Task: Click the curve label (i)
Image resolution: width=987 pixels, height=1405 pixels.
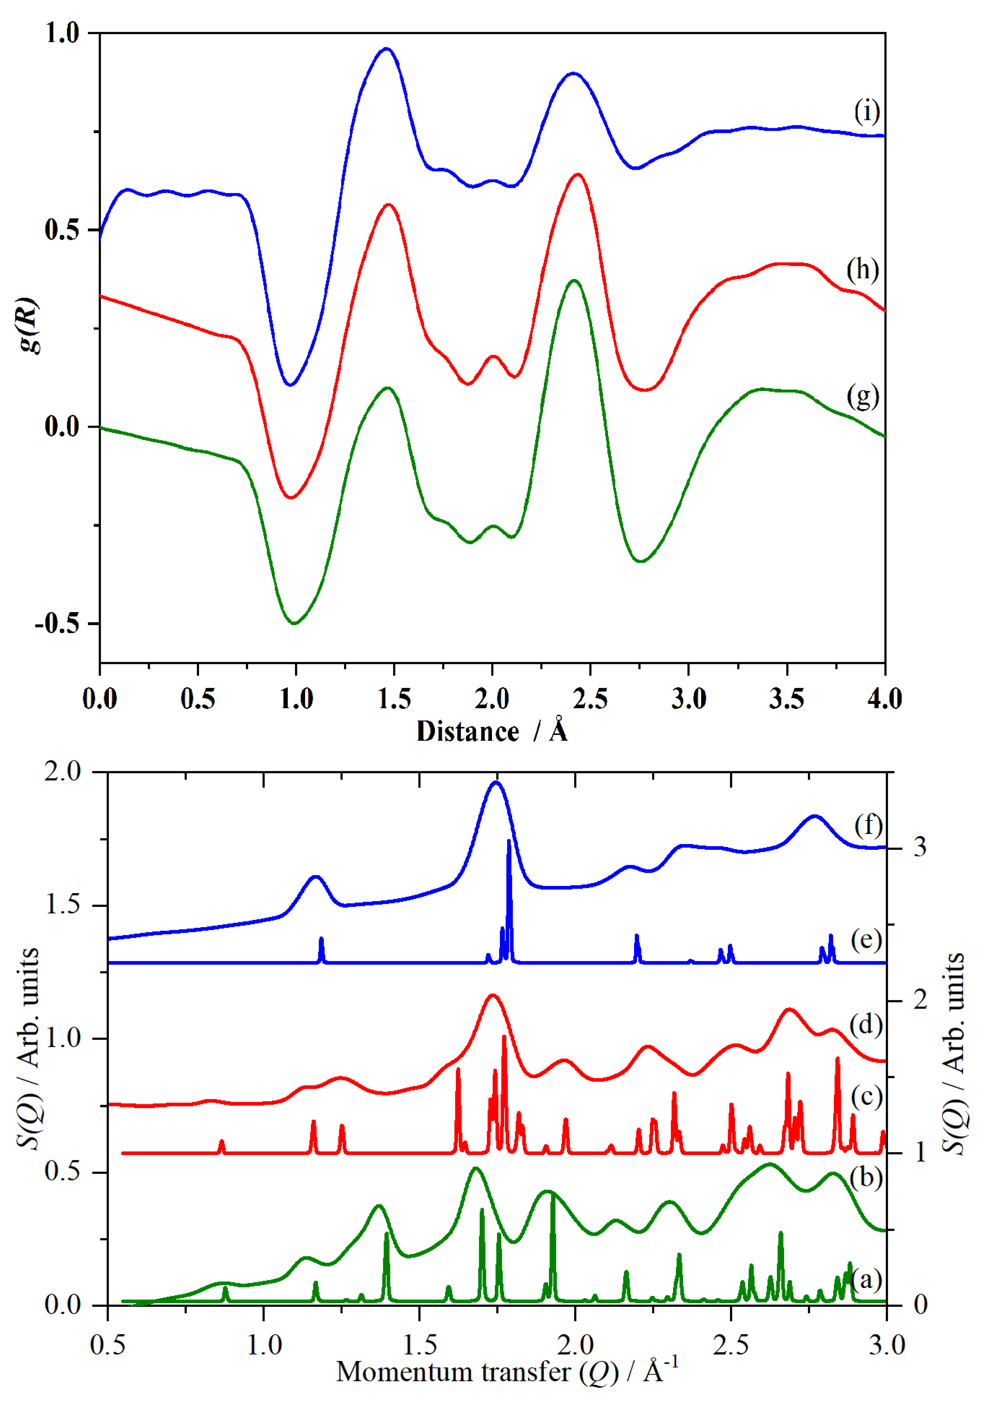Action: pyautogui.click(x=866, y=112)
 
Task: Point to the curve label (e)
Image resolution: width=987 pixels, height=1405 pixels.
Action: pyautogui.click(x=866, y=940)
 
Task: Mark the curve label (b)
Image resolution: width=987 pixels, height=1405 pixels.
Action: pyautogui.click(x=866, y=1177)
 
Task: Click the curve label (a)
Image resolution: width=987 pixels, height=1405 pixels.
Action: pyautogui.click(x=866, y=1279)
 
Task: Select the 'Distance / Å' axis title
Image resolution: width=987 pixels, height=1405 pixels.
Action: pyautogui.click(x=492, y=731)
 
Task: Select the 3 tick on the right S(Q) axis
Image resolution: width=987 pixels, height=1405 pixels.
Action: pyautogui.click(x=920, y=848)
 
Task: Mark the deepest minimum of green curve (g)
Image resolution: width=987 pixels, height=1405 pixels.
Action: pyautogui.click(x=295, y=623)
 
